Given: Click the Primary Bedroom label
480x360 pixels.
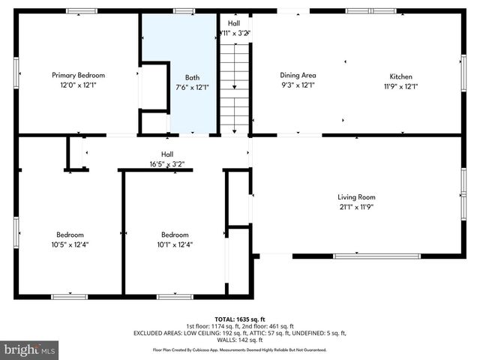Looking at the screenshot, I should pyautogui.click(x=78, y=75).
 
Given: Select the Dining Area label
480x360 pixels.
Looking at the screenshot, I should pyautogui.click(x=298, y=75).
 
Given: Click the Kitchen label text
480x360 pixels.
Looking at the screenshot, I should pyautogui.click(x=400, y=76).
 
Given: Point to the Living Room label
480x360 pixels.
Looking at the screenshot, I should pyautogui.click(x=355, y=197).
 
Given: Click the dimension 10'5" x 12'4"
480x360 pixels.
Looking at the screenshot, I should pyautogui.click(x=70, y=244).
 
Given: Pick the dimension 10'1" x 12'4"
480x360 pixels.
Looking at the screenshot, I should pyautogui.click(x=175, y=244).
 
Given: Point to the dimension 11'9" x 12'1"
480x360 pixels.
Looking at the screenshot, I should pyautogui.click(x=400, y=85).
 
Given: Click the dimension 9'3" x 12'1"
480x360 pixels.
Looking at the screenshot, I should pyautogui.click(x=298, y=85).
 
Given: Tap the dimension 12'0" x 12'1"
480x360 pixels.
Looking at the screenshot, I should pyautogui.click(x=78, y=85).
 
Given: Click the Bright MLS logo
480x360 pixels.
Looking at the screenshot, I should pyautogui.click(x=30, y=349).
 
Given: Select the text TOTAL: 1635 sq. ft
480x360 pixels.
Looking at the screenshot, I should pyautogui.click(x=240, y=318).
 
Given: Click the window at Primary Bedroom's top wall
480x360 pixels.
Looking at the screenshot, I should pyautogui.click(x=81, y=11).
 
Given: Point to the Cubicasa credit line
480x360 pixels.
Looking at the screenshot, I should pyautogui.click(x=240, y=349).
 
